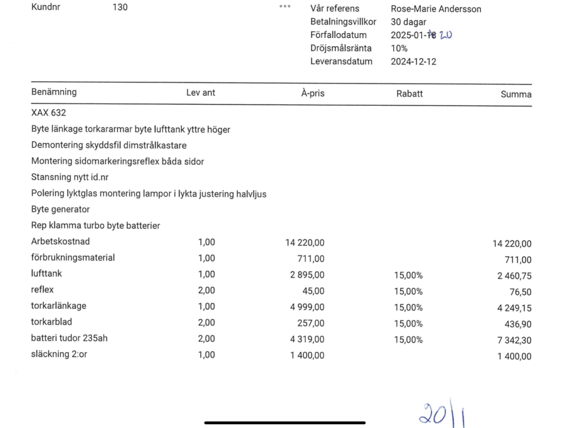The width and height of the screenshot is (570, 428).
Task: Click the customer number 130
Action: click(x=120, y=8)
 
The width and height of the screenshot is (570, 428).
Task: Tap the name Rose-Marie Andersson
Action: click(x=436, y=9)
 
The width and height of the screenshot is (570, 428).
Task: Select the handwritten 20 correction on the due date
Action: click(x=446, y=35)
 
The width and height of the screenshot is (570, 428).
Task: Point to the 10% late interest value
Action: click(x=399, y=48)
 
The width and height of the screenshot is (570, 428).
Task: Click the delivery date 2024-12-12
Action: click(x=414, y=62)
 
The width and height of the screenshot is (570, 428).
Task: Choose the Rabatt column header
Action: click(x=409, y=93)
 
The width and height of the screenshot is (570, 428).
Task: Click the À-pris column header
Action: click(x=312, y=93)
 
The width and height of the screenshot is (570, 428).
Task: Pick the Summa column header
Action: click(x=516, y=94)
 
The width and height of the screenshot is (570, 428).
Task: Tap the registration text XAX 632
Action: click(x=49, y=113)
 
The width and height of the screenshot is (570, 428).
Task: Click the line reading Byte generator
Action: click(x=60, y=209)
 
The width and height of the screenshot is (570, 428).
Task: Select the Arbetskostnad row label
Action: click(x=61, y=242)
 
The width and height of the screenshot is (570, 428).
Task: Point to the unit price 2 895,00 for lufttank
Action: click(x=307, y=275)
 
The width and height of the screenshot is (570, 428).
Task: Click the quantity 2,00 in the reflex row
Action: click(x=206, y=290)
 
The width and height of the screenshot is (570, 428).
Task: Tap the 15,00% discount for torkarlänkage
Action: click(x=408, y=308)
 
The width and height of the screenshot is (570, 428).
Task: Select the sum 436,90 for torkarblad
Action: click(x=517, y=324)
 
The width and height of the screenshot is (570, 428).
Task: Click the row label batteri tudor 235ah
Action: click(x=69, y=338)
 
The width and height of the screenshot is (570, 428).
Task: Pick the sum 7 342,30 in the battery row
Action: click(x=513, y=340)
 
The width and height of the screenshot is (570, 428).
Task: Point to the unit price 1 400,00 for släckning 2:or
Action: click(x=307, y=355)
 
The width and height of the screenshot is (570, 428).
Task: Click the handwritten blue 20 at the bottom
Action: click(x=431, y=413)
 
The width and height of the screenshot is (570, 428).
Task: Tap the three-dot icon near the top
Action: click(x=285, y=6)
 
